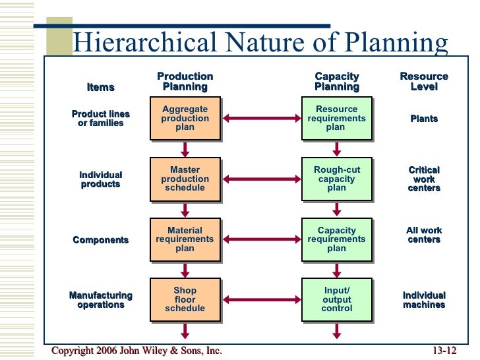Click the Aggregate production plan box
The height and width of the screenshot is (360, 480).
coord(185,119)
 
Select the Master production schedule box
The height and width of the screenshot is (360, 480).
coord(185,179)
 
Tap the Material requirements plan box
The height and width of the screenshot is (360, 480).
coord(185,239)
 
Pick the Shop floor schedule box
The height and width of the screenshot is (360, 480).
coord(185,299)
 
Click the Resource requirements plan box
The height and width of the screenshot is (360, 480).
coord(336,119)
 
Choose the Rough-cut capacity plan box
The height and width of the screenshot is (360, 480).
coord(336,179)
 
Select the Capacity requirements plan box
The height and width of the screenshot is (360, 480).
coord(336,239)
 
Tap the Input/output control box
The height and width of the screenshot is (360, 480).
coord(336,299)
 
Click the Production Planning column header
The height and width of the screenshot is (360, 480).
coord(185,82)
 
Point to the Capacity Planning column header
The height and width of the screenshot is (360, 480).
coord(337,82)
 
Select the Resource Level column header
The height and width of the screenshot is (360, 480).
coord(424,82)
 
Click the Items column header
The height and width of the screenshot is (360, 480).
coord(101,87)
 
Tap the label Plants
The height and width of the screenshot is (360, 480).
coord(424,119)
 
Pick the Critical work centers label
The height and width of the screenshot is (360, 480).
coord(424,179)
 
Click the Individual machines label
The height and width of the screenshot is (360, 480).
coord(424,300)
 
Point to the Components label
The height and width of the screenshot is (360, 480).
coord(100,240)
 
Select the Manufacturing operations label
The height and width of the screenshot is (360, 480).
coord(101,300)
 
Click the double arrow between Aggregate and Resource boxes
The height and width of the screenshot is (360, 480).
coord(260,119)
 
